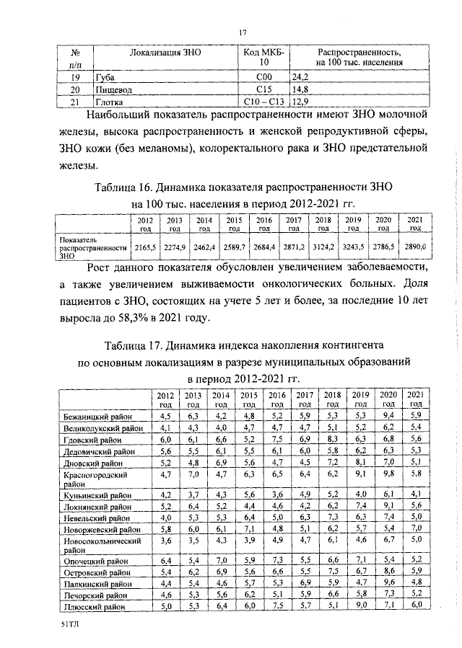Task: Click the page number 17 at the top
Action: tap(243, 31)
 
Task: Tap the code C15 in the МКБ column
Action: tap(263, 89)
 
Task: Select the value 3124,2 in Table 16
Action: tap(323, 247)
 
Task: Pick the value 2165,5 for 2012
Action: tap(144, 247)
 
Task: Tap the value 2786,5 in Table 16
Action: tap(383, 247)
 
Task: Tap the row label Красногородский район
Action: tap(95, 480)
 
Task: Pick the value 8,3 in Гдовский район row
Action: tap(332, 439)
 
